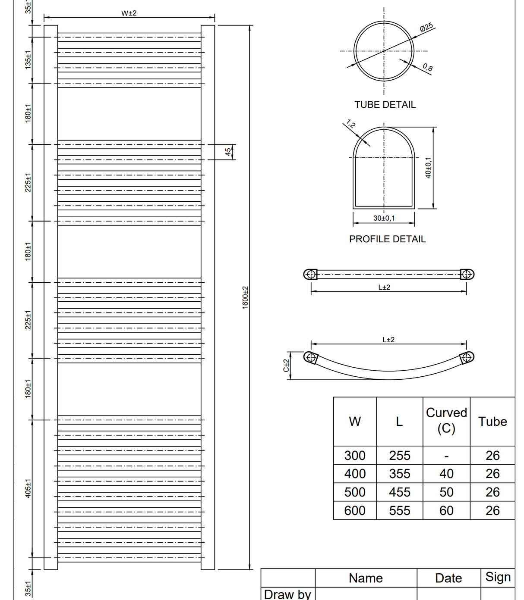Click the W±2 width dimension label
pyautogui.click(x=129, y=13)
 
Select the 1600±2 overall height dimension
pyautogui.click(x=245, y=297)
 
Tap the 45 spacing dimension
pyautogui.click(x=228, y=152)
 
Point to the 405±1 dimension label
pyautogui.click(x=28, y=488)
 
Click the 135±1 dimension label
pyautogui.click(x=28, y=60)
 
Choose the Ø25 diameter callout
pyautogui.click(x=426, y=27)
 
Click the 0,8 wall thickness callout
pyautogui.click(x=427, y=67)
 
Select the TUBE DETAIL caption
pyautogui.click(x=385, y=105)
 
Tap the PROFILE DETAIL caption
pyautogui.click(x=387, y=239)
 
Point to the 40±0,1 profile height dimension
pyautogui.click(x=428, y=167)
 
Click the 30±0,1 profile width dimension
pyautogui.click(x=384, y=218)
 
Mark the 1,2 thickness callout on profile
pyautogui.click(x=351, y=124)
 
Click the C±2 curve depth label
pyautogui.click(x=286, y=366)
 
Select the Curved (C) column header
pyautogui.click(x=446, y=421)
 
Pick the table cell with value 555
pyautogui.click(x=399, y=511)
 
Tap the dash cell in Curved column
pyautogui.click(x=446, y=456)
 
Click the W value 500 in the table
pyautogui.click(x=355, y=492)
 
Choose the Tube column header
pyautogui.click(x=492, y=422)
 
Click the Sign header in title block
pyautogui.click(x=498, y=577)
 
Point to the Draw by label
pyautogui.click(x=287, y=594)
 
